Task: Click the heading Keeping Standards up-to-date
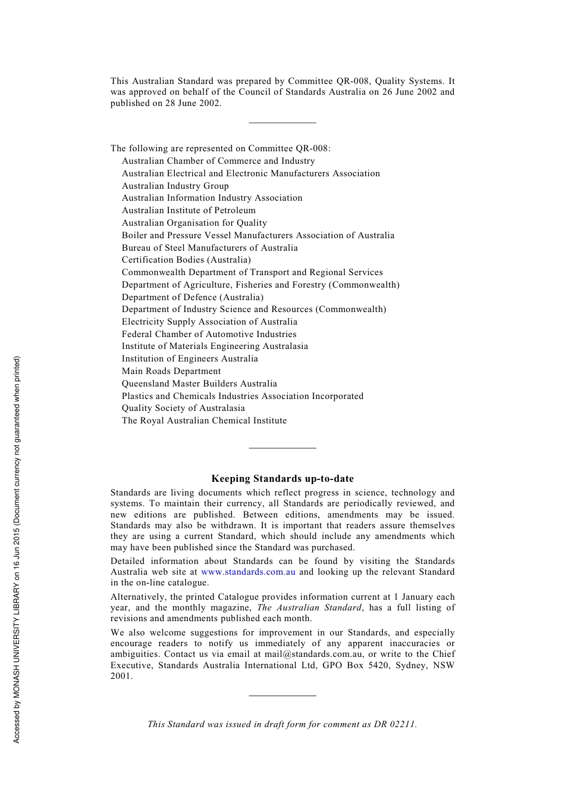[282, 478]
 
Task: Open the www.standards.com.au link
[248, 572]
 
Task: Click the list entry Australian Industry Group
[175, 186]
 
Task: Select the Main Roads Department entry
[171, 371]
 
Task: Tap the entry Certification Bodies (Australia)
[186, 260]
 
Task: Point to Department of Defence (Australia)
[193, 297]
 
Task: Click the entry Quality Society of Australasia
[183, 408]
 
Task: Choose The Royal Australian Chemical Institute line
[204, 420]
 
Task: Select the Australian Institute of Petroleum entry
[189, 210]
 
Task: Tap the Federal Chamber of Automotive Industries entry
[209, 334]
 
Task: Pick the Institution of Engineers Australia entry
[190, 359]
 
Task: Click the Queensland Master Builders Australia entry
[199, 384]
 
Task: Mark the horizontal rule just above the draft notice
[282, 695]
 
